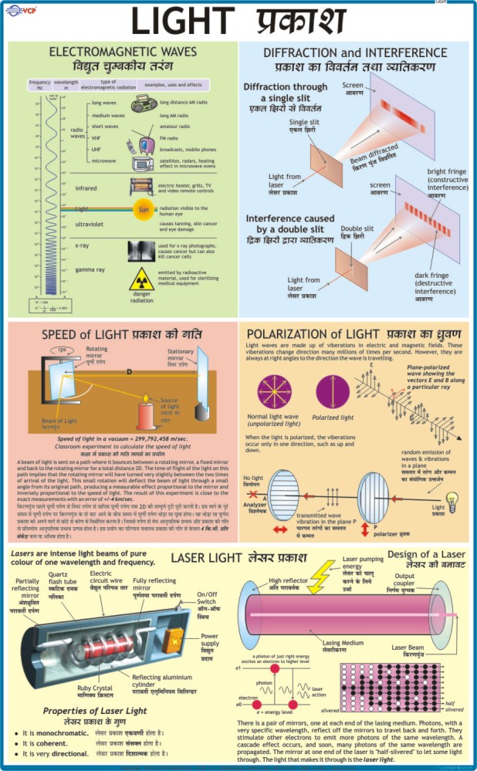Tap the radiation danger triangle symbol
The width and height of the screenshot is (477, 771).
click(x=141, y=279)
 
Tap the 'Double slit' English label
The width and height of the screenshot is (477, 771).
click(x=358, y=228)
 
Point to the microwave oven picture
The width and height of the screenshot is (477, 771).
click(x=143, y=163)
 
